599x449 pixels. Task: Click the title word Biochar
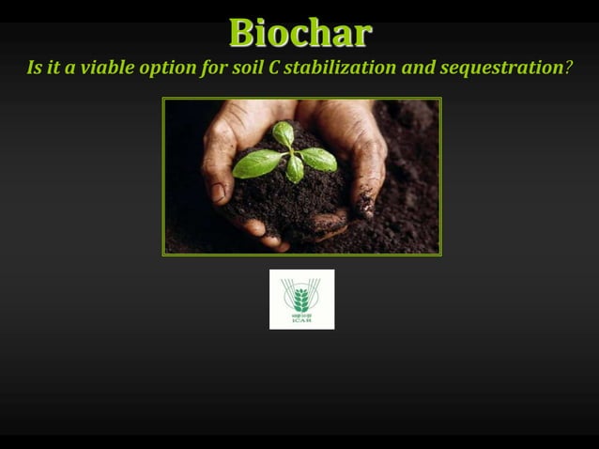click(300, 33)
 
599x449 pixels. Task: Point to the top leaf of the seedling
click(284, 133)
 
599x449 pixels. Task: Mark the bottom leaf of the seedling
click(295, 169)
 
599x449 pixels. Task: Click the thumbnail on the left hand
click(218, 192)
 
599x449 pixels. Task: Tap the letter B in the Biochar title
click(242, 33)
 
